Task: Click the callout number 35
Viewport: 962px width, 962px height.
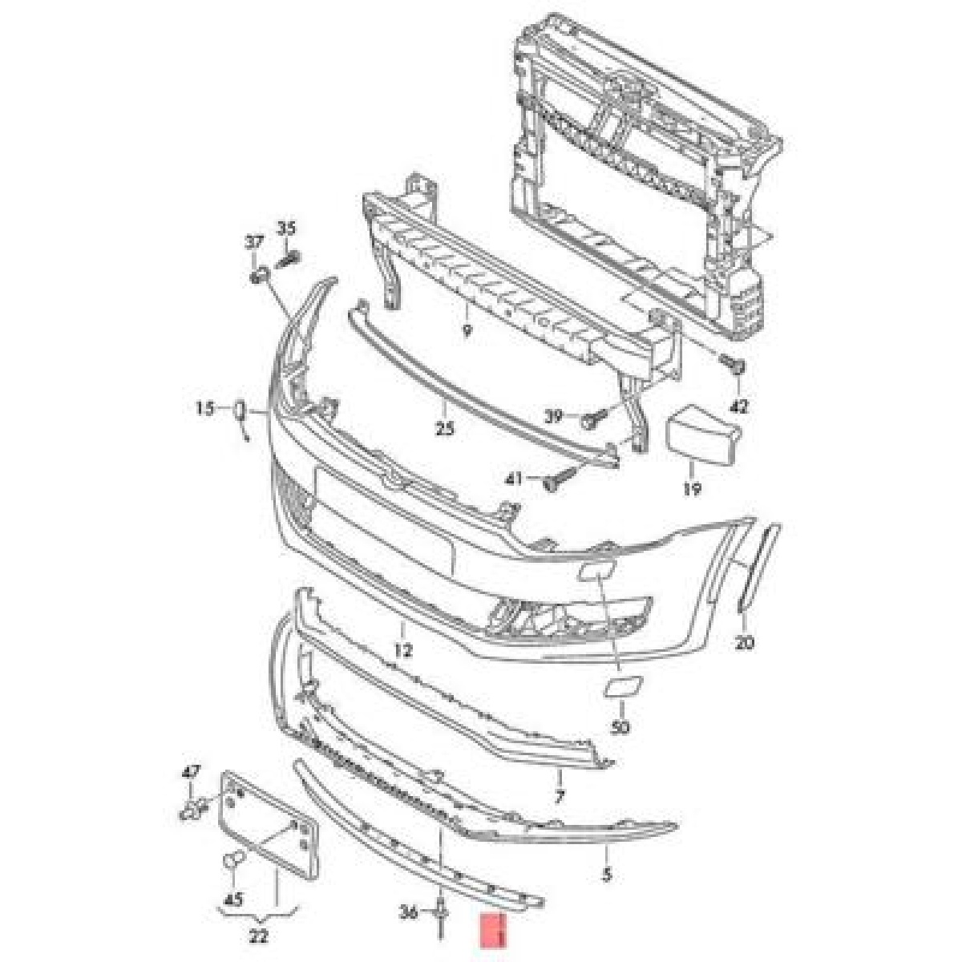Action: [x=286, y=228]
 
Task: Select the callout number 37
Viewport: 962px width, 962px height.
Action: [x=253, y=243]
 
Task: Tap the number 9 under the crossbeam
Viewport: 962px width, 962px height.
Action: [x=467, y=330]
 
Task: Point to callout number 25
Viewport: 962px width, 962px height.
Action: [x=445, y=428]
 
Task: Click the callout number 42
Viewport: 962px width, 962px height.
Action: [x=739, y=407]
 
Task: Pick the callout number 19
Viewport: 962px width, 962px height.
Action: [x=692, y=489]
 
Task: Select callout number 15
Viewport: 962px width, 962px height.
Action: [x=204, y=409]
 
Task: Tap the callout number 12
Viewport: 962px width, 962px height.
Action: [x=403, y=650]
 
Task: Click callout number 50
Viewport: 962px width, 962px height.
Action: [x=620, y=728]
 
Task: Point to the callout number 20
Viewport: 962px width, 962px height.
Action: [x=744, y=643]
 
